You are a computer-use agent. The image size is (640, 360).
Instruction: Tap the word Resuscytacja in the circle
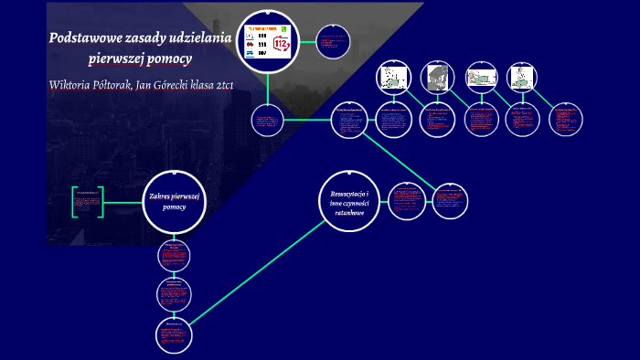point(350,193)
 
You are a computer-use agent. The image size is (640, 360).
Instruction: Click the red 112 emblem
point(280,46)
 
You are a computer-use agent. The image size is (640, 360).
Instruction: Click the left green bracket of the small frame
point(74,203)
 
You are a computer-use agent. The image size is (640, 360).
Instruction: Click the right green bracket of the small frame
point(101,203)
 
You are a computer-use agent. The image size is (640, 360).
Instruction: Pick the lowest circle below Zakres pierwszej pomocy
point(173,335)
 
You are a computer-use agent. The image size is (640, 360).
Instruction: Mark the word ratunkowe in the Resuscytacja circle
point(350,213)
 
